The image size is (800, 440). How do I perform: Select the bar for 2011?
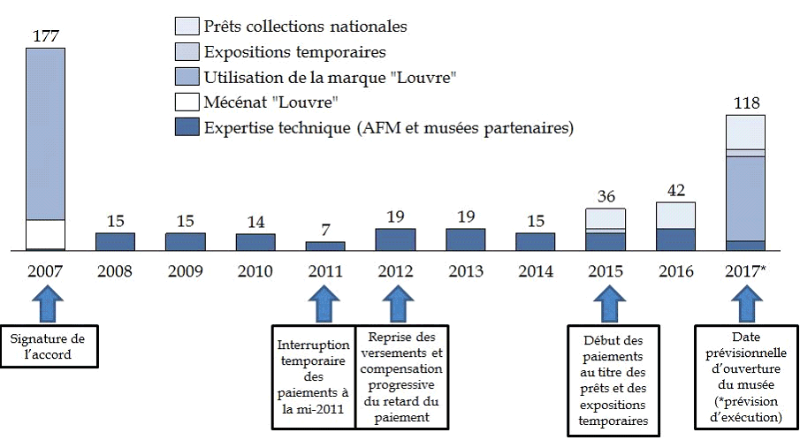click(x=325, y=246)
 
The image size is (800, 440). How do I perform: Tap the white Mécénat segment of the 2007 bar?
click(x=45, y=234)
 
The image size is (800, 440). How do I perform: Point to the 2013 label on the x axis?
click(x=465, y=271)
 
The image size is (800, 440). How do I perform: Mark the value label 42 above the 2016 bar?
click(x=675, y=190)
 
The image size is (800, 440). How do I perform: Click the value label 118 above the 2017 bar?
click(x=745, y=102)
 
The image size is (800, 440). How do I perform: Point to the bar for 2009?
click(x=186, y=241)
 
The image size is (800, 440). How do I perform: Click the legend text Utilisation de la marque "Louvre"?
click(x=330, y=77)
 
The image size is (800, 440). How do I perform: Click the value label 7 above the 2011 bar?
click(x=325, y=230)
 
